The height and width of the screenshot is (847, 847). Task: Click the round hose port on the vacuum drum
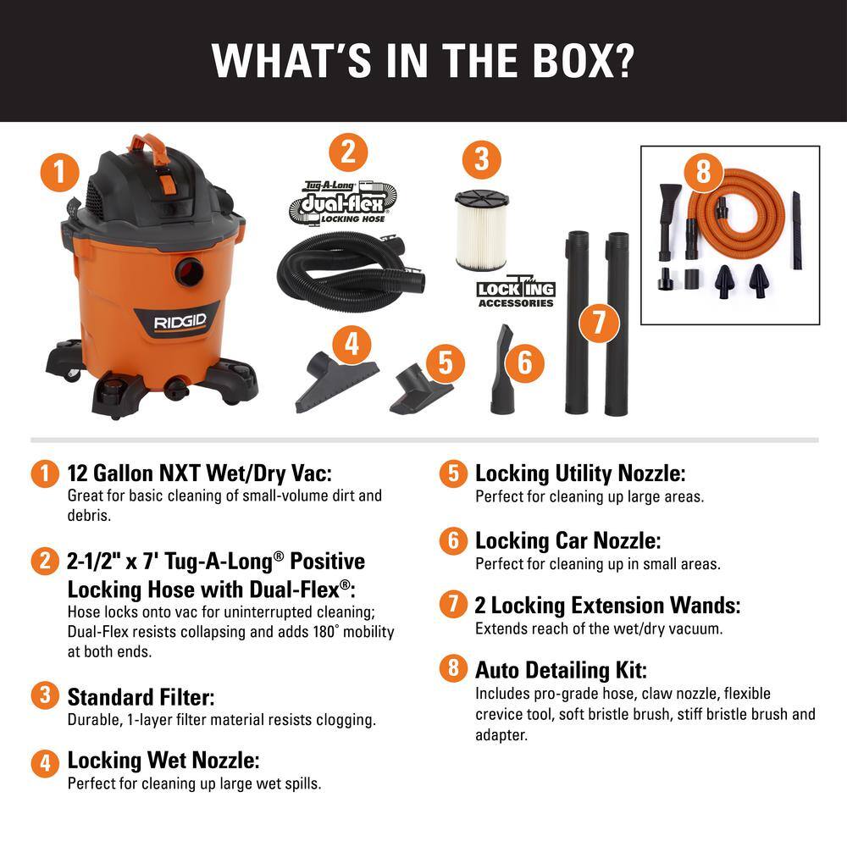pyautogui.click(x=188, y=271)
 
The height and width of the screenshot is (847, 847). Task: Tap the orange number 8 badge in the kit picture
pyautogui.click(x=703, y=171)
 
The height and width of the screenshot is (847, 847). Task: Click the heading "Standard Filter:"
pyautogui.click(x=141, y=697)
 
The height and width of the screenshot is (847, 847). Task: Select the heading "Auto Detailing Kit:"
pyautogui.click(x=561, y=670)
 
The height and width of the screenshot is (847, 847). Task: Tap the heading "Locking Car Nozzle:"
pyautogui.click(x=567, y=540)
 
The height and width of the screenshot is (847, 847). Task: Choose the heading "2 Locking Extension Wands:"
pyautogui.click(x=607, y=605)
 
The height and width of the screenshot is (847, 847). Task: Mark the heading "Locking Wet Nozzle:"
pyautogui.click(x=163, y=760)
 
